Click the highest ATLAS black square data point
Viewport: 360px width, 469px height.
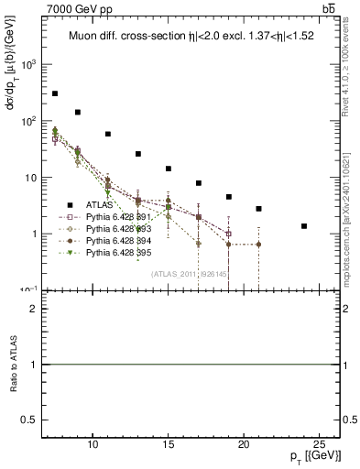(55, 93)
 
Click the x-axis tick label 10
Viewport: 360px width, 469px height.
(93, 444)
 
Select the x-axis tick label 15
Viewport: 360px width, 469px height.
(169, 444)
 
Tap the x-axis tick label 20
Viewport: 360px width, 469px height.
(244, 444)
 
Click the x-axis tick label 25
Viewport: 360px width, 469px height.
(319, 444)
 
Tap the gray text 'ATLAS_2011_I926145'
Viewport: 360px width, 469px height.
(189, 274)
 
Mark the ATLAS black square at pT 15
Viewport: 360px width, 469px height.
(169, 169)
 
